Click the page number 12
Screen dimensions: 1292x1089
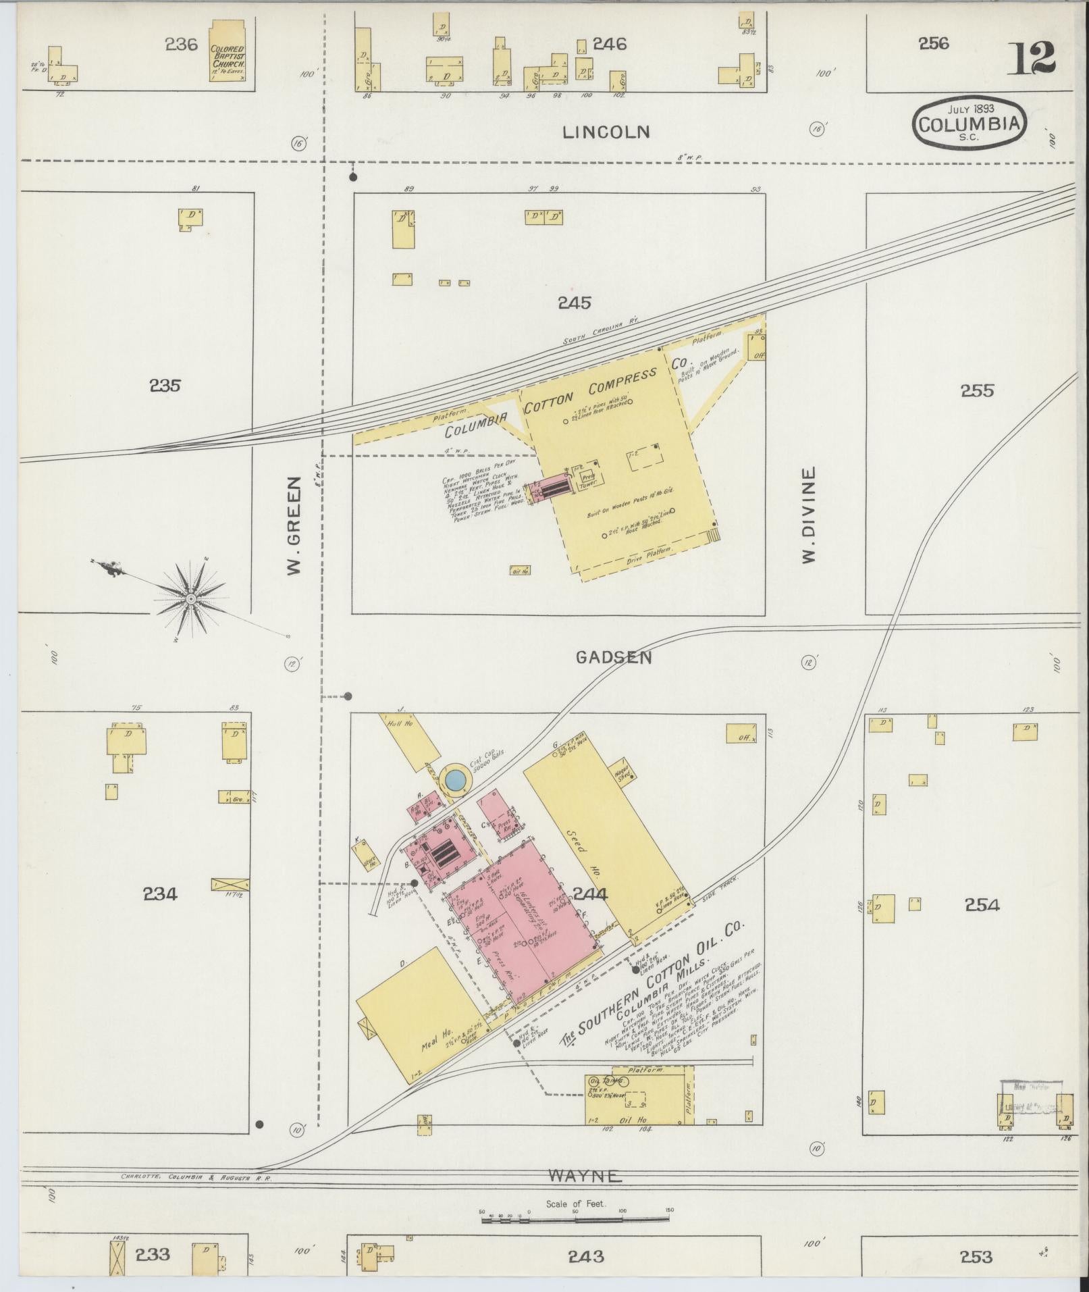(1033, 59)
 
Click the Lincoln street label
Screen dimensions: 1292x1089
(606, 132)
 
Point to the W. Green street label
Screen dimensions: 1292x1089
(294, 526)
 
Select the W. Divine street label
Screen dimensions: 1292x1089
(809, 514)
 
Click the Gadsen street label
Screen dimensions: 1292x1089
(614, 657)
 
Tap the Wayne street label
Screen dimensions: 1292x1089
(585, 1176)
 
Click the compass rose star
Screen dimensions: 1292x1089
(191, 599)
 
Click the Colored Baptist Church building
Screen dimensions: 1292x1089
(228, 52)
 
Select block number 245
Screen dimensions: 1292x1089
(575, 303)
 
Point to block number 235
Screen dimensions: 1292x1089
(165, 386)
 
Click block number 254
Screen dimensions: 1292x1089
(982, 905)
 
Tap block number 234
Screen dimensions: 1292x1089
(160, 894)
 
